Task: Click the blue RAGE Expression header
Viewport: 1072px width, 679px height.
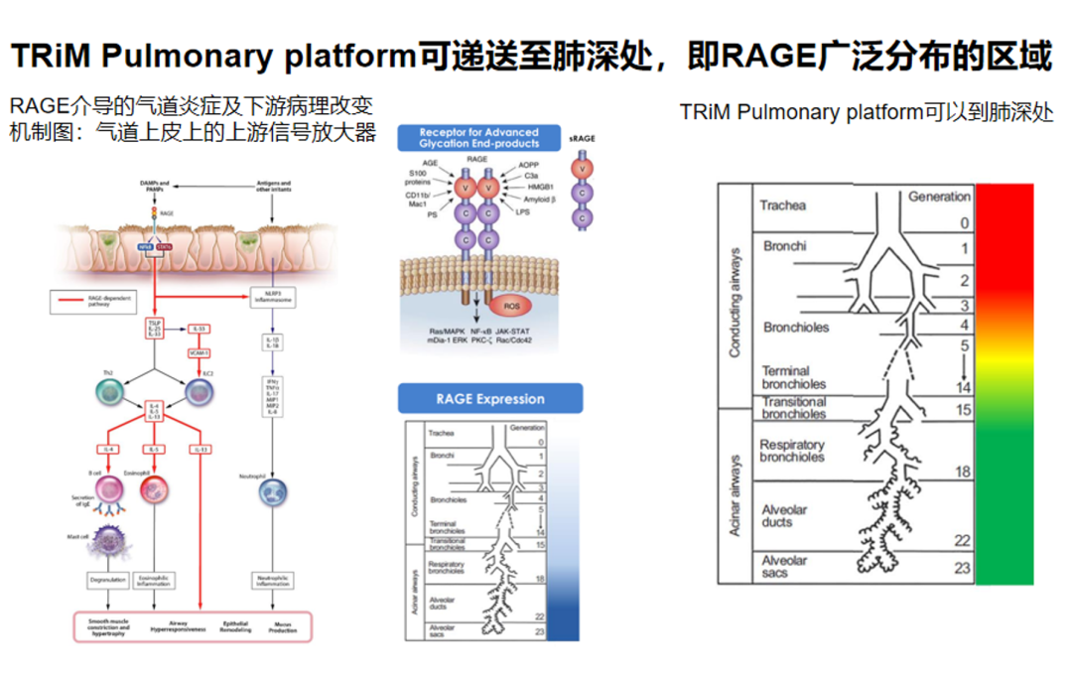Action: pos(490,399)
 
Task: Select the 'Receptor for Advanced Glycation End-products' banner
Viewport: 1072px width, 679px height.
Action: pos(478,138)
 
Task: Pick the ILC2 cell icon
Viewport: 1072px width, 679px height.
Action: pos(201,393)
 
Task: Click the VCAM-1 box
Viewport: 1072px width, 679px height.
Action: pos(199,351)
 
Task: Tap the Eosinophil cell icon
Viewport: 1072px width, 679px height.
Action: pos(155,490)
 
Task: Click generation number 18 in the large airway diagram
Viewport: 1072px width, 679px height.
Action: pos(962,472)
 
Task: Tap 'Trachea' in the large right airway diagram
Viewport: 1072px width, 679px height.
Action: pos(782,206)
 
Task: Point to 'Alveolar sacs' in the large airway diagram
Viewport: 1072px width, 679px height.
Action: pos(784,567)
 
